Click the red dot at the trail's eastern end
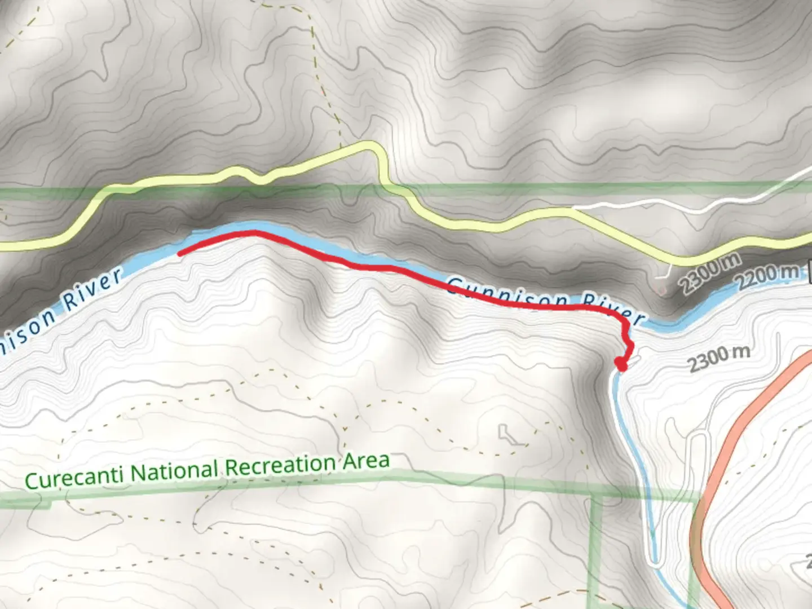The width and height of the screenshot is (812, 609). tap(621, 365)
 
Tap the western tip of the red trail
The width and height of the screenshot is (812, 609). tap(180, 254)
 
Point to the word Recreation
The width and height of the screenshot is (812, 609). tap(281, 466)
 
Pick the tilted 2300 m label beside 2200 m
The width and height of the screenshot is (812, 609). tap(709, 273)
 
